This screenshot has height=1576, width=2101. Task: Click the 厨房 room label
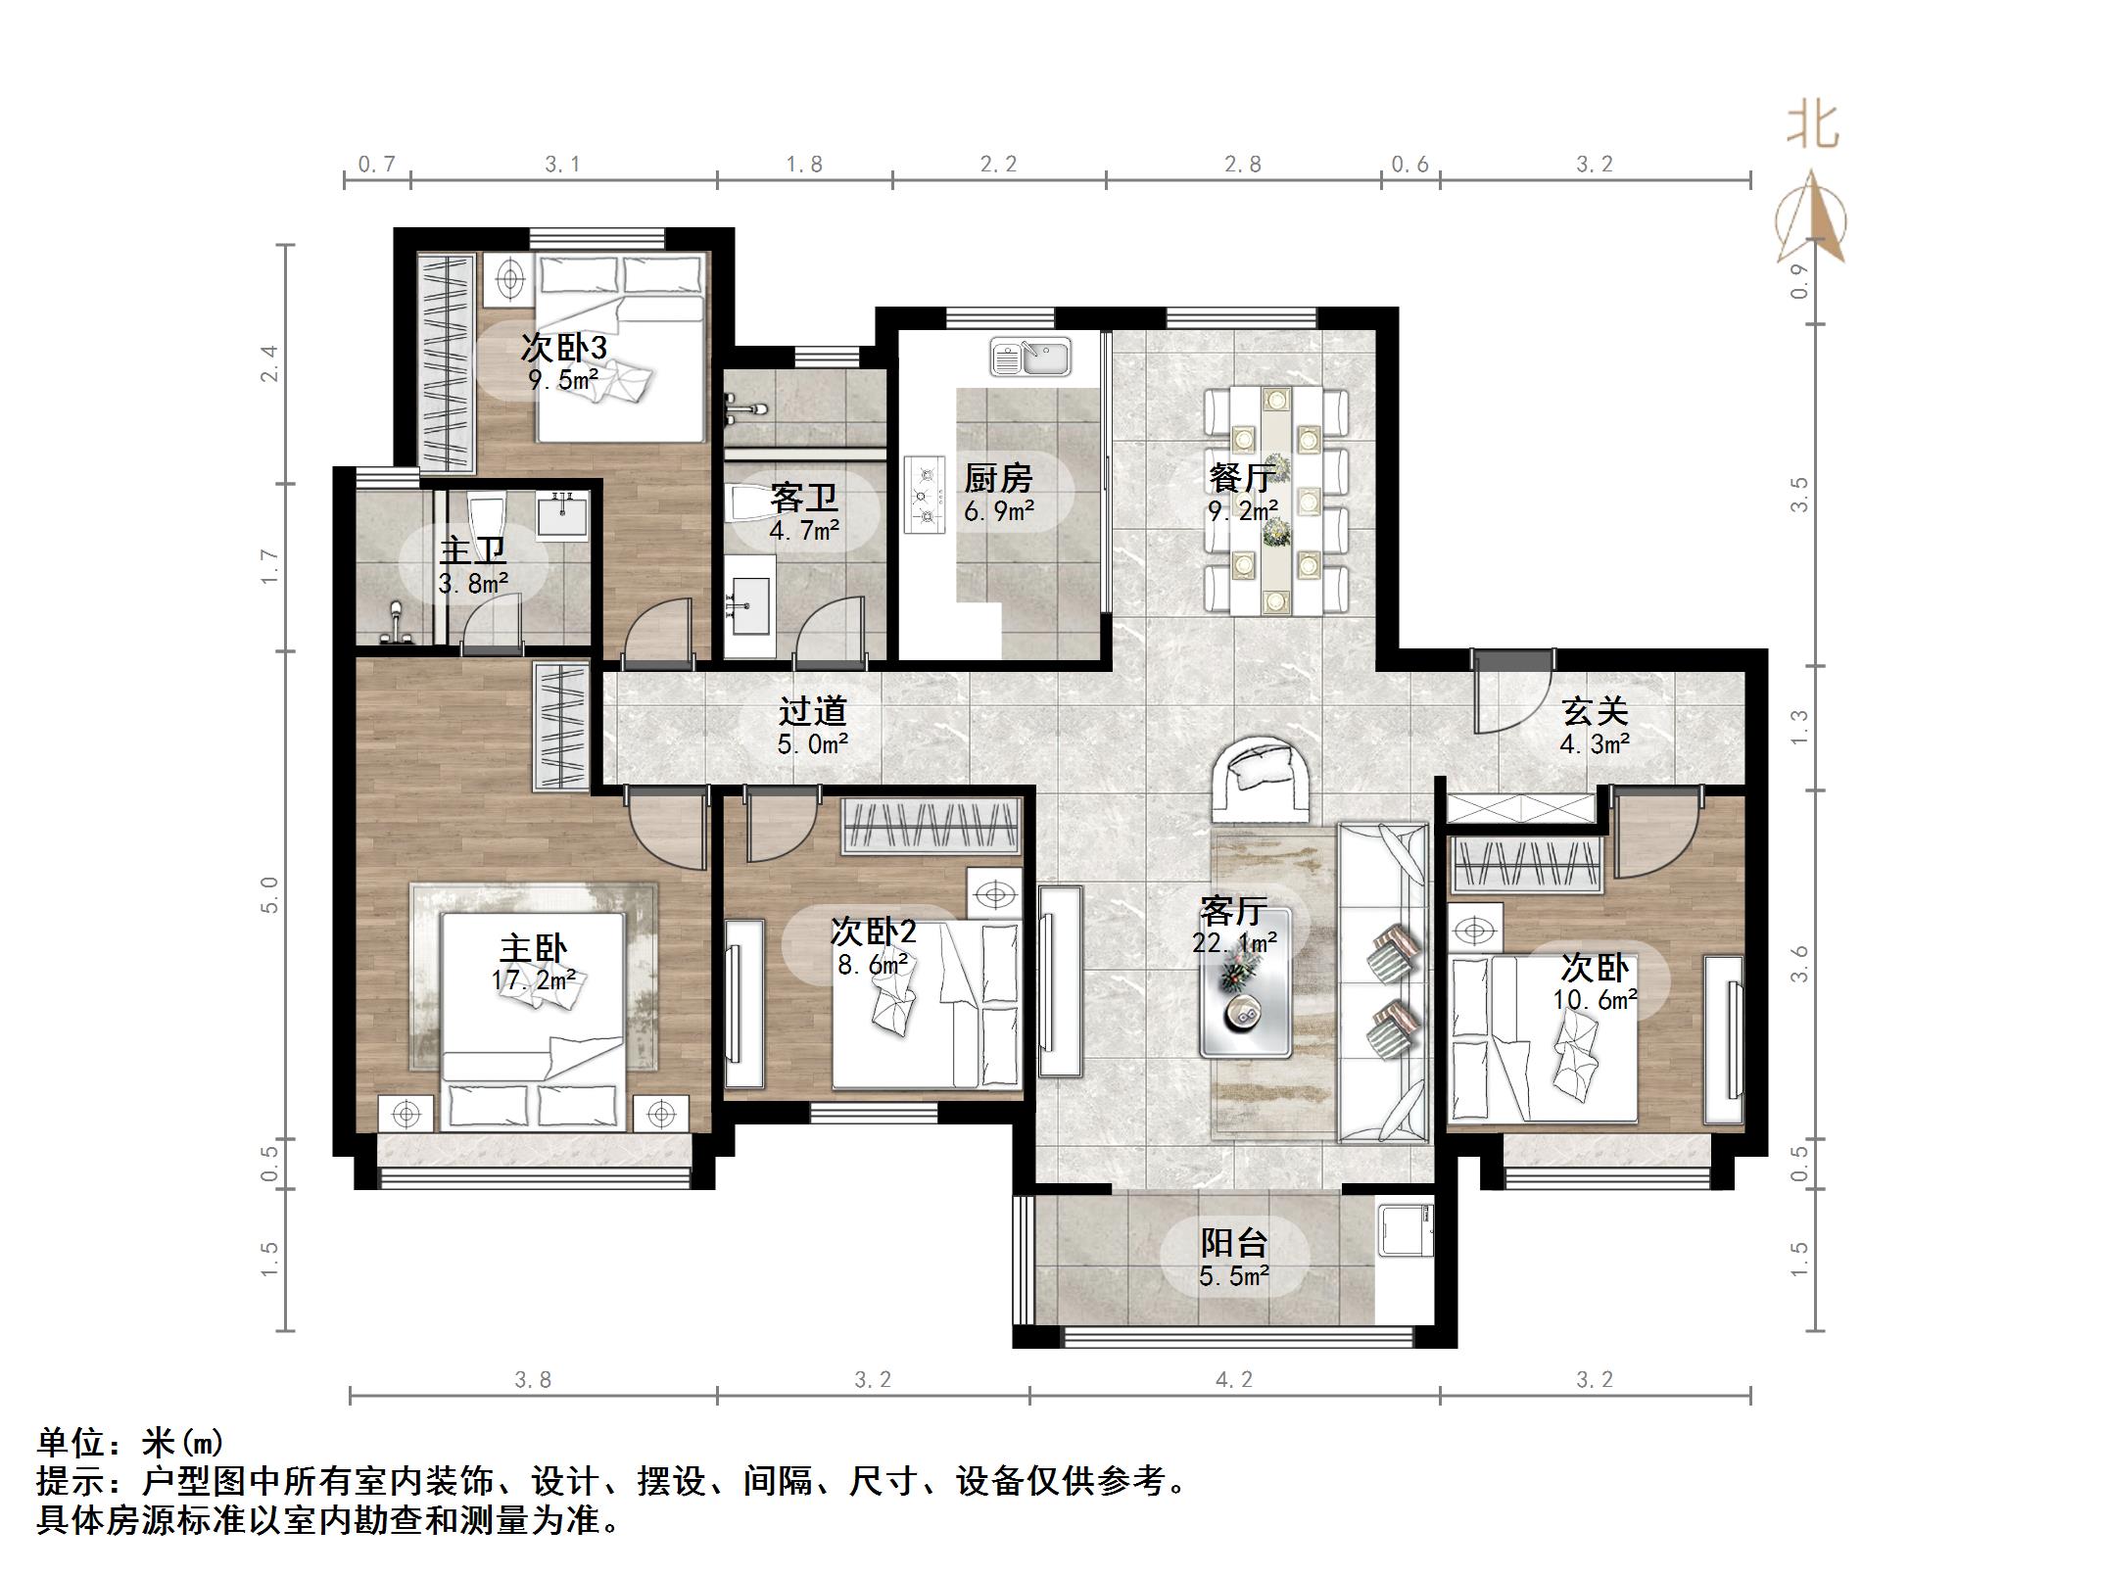(x=998, y=479)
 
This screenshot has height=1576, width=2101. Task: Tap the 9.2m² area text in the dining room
(x=1242, y=511)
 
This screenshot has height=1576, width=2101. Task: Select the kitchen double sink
(x=1030, y=357)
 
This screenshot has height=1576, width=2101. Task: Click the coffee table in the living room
(x=1247, y=983)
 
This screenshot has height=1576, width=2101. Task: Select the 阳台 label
(x=1234, y=1243)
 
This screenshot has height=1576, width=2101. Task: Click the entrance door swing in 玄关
(x=1513, y=698)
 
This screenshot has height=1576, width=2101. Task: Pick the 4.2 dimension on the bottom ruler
(x=1234, y=1380)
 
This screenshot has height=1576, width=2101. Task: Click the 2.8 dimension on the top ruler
(x=1242, y=165)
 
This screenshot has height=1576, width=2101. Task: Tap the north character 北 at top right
(x=1812, y=127)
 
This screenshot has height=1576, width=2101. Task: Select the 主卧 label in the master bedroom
(x=533, y=948)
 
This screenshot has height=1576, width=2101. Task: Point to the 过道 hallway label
(x=812, y=711)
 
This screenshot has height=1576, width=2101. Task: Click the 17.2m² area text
(x=533, y=979)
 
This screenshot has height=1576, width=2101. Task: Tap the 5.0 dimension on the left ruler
(x=270, y=894)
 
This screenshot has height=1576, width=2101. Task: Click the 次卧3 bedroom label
(x=563, y=348)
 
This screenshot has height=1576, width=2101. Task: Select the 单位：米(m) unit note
(x=131, y=1443)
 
